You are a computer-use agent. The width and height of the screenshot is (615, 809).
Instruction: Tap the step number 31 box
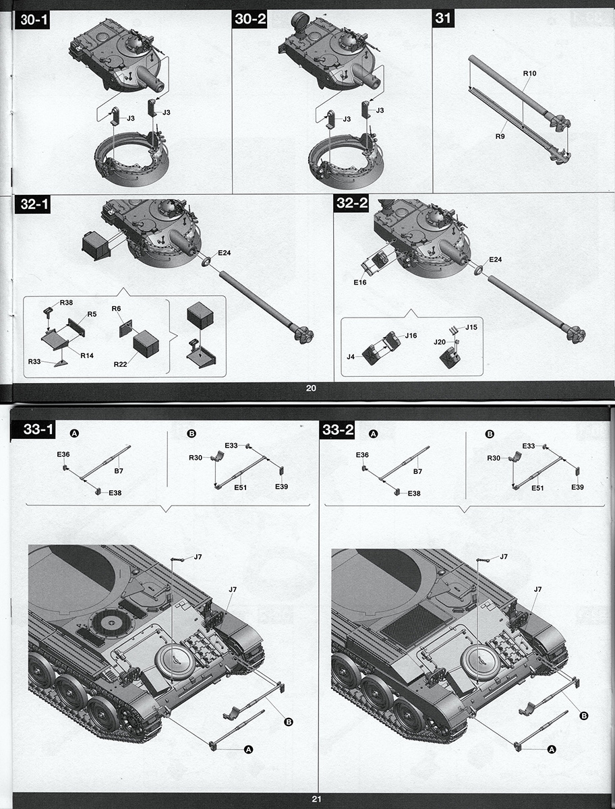coord(442,18)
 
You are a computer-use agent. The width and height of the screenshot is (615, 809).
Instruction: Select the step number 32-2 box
coord(351,204)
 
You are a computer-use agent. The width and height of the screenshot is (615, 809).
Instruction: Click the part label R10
coord(529,73)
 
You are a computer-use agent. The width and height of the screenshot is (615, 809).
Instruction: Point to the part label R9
coord(500,136)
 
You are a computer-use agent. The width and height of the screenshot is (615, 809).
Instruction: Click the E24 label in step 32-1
coord(225,253)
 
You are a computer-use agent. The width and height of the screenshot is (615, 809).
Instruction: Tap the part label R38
coord(66,303)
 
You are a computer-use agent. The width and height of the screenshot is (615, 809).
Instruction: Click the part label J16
coord(411,335)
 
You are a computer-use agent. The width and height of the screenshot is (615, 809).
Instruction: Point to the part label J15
coord(471,327)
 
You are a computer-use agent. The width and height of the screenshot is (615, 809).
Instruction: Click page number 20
coord(311,388)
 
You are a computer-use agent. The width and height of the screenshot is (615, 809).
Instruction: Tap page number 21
coord(316,800)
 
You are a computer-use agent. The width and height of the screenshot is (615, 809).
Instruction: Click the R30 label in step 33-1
coord(196,458)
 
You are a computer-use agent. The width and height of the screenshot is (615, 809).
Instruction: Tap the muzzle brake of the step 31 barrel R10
coord(560,123)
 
